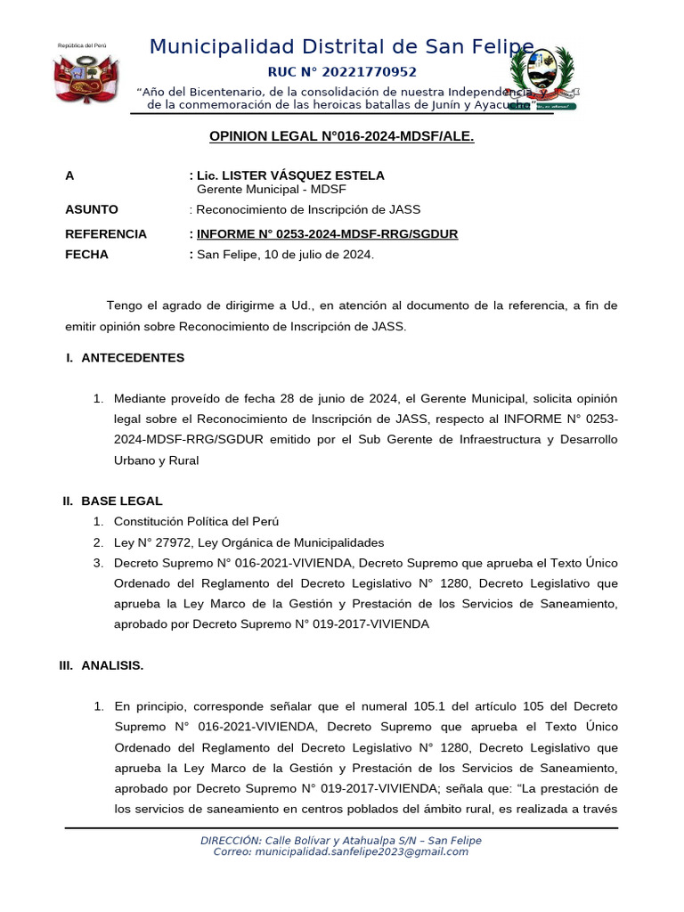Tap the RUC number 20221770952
click(x=342, y=72)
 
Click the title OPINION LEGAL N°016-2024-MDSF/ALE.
click(x=341, y=136)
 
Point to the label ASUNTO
click(x=92, y=209)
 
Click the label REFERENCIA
click(x=106, y=233)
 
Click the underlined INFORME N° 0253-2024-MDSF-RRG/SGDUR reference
click(x=327, y=233)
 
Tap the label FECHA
click(x=86, y=254)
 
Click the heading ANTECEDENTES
click(x=133, y=357)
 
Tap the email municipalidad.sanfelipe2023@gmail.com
click(x=361, y=851)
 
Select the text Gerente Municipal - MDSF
click(x=271, y=190)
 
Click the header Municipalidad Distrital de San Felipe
click(x=342, y=47)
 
